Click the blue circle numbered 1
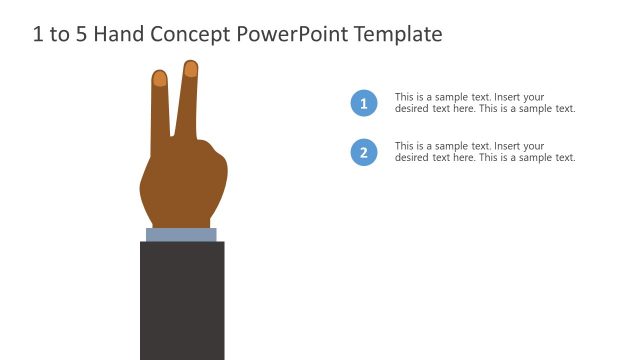tap(364, 103)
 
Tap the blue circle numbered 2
tap(364, 153)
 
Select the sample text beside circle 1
tap(485, 103)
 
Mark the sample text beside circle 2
tap(485, 152)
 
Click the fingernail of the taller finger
tap(191, 69)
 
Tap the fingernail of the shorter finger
tap(160, 78)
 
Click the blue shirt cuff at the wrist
tap(181, 235)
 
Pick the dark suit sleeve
tap(182, 300)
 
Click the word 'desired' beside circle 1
tap(411, 109)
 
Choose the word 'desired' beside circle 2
tap(411, 158)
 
